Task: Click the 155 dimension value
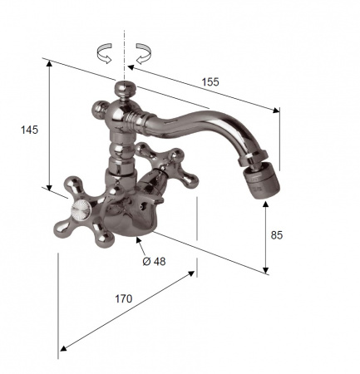(x=210, y=82)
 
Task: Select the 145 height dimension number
(x=29, y=130)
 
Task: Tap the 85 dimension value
(x=277, y=235)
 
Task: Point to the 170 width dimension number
(x=124, y=298)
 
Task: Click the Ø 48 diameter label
(x=154, y=261)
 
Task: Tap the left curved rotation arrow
(x=105, y=53)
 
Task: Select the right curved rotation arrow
(x=144, y=53)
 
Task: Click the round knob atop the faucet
(x=126, y=88)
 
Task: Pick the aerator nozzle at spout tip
(x=262, y=180)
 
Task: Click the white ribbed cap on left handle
(x=80, y=209)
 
